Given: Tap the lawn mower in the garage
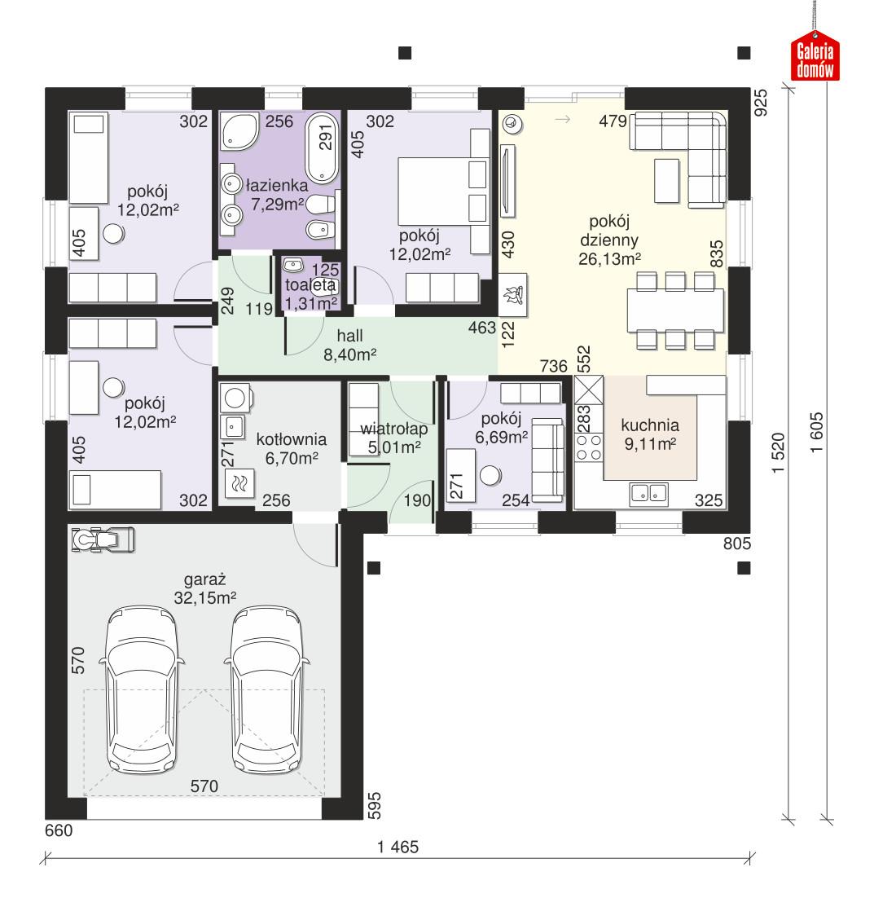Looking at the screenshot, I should [103, 539].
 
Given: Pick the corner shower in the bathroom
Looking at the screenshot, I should [239, 132].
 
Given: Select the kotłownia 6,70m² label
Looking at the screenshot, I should [287, 448].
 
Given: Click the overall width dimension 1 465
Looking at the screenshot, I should [397, 847].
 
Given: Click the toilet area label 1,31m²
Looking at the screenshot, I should [310, 303].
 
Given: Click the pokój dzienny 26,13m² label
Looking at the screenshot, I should [608, 240].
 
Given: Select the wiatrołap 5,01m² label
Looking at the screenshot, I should [389, 437].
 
